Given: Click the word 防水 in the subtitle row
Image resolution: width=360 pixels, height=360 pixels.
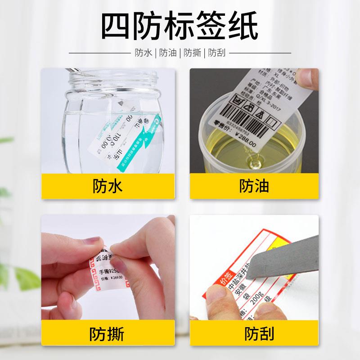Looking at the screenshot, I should click(144, 53).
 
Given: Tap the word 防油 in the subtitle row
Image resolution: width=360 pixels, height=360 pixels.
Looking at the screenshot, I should click(167, 53).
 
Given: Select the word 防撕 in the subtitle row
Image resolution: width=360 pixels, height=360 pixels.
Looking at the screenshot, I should click(192, 53).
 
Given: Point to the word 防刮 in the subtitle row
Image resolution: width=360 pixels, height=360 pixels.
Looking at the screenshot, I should click(216, 53).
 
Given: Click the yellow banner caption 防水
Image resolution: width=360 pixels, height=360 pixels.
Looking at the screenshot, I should click(107, 185).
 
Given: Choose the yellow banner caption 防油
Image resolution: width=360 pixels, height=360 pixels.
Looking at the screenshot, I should click(253, 185).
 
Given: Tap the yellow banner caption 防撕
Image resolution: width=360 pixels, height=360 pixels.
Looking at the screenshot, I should click(107, 334).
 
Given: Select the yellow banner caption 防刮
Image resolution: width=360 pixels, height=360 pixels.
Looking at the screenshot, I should click(253, 334).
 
